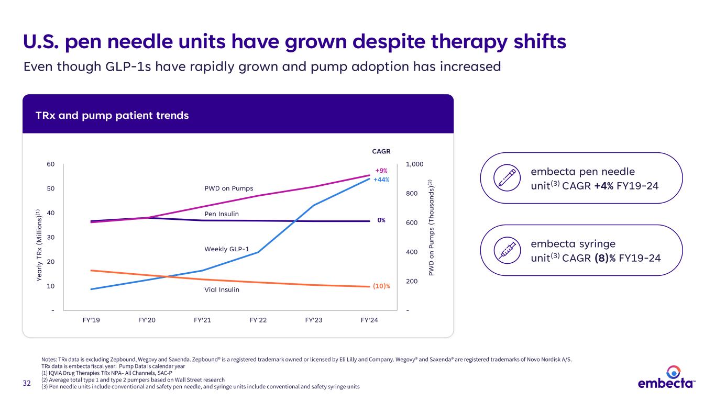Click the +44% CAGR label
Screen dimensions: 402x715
pos(382,180)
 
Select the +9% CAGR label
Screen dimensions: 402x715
pos(382,171)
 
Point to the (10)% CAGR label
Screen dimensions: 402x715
pos(382,286)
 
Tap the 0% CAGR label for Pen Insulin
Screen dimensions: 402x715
pos(381,220)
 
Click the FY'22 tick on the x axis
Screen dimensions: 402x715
pos(258,321)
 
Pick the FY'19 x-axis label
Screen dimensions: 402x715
pos(92,321)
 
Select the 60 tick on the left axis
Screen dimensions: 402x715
pos(50,164)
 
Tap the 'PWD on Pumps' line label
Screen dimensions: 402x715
pos(228,188)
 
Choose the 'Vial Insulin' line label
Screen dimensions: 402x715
pos(222,289)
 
